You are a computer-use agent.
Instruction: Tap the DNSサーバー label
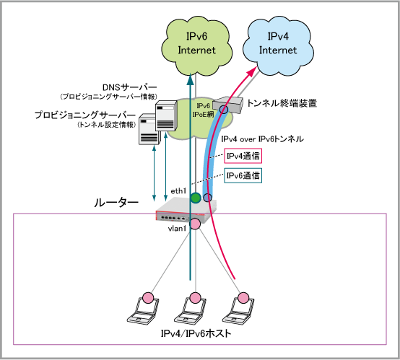[x=129, y=87]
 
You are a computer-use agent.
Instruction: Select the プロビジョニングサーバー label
[x=85, y=115]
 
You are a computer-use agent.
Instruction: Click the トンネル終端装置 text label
[x=282, y=103]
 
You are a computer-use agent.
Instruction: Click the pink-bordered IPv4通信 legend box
[x=243, y=156]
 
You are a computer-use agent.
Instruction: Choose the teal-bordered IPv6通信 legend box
[x=243, y=175]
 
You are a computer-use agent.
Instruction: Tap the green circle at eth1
[x=196, y=198]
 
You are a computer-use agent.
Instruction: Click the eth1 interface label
[x=178, y=191]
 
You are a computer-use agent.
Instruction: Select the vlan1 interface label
[x=177, y=229]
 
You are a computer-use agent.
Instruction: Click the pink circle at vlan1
[x=196, y=224]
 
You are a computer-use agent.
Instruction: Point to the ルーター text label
[x=116, y=203]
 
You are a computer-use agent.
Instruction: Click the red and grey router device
[x=186, y=211]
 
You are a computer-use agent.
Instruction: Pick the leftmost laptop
[x=143, y=310]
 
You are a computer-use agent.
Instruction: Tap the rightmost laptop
[x=238, y=310]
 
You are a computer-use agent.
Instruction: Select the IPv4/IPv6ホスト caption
[x=196, y=333]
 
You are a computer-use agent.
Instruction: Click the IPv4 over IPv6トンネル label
[x=263, y=139]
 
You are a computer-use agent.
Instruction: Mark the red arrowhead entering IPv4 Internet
[x=252, y=71]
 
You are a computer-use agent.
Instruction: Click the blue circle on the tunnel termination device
[x=224, y=110]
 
